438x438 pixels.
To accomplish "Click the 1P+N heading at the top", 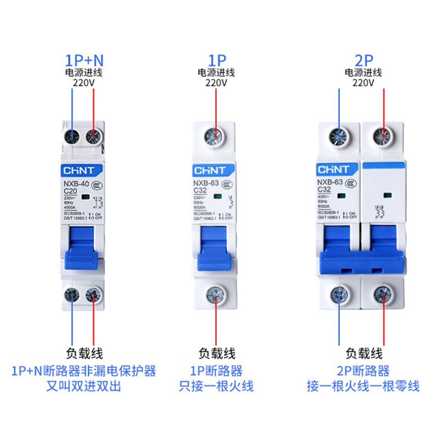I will [x=84, y=60].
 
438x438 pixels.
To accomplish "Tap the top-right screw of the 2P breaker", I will [x=383, y=135].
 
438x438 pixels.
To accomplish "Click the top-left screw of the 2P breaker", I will [x=339, y=135].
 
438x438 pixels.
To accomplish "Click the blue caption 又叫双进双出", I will [x=84, y=386].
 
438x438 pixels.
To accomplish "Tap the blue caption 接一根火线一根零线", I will [x=363, y=386].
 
